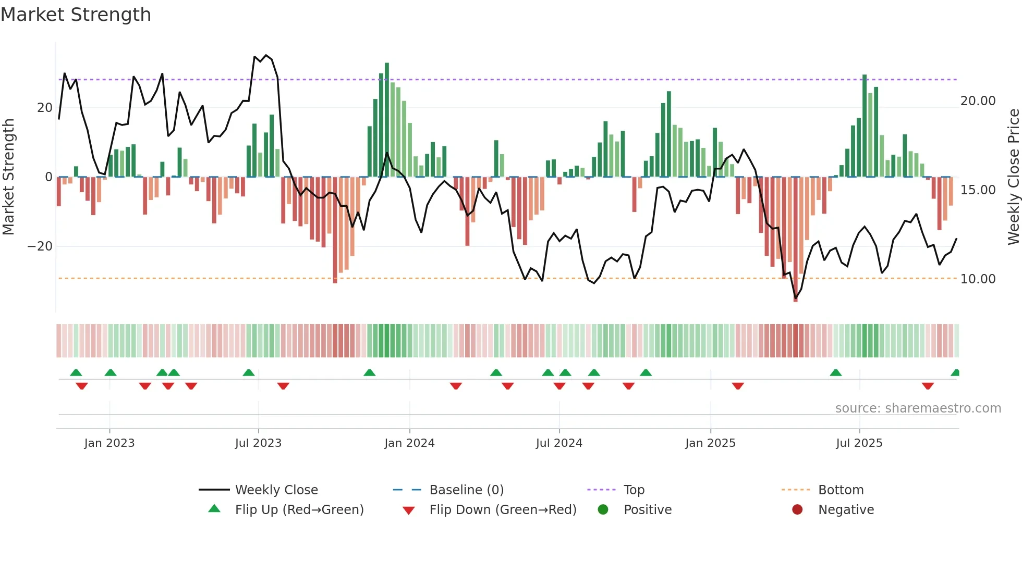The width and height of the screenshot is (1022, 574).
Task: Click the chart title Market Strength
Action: tap(76, 15)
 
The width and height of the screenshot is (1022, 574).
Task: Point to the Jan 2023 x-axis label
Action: tap(110, 443)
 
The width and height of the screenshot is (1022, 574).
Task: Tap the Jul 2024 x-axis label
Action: tap(559, 443)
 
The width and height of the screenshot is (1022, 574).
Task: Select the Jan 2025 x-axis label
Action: tap(710, 443)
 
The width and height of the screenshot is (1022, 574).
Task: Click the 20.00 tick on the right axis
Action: tap(978, 101)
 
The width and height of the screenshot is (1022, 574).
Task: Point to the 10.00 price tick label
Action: tap(978, 279)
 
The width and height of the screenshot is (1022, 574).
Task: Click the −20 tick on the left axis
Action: tap(40, 246)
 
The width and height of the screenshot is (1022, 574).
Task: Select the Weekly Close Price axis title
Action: tap(1013, 177)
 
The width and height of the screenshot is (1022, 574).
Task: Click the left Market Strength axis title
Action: tap(8, 177)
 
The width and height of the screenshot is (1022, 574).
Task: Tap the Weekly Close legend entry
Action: tap(276, 490)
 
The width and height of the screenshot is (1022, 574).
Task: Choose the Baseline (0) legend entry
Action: tap(466, 490)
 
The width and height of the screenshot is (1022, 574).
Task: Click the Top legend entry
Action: tap(634, 490)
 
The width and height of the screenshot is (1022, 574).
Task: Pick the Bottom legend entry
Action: tap(841, 490)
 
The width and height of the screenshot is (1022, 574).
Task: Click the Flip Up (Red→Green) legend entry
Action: tap(299, 510)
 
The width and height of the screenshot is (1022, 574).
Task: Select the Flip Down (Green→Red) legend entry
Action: tap(503, 510)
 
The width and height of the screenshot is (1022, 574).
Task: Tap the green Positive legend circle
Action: tap(603, 510)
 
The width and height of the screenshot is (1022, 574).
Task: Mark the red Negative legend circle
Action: tap(797, 510)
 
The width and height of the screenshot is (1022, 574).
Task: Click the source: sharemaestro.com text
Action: tap(918, 408)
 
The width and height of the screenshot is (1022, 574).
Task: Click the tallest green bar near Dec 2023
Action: tap(387, 120)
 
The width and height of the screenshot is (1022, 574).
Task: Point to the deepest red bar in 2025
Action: tap(795, 240)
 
